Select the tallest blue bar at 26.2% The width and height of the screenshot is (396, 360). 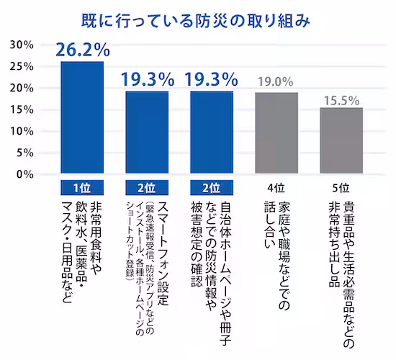[82, 118]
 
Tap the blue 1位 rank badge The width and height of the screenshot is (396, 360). [82, 188]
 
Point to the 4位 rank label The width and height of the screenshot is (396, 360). [276, 188]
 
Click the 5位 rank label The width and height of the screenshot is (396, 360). [341, 188]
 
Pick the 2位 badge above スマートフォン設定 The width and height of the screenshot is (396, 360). [147, 188]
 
